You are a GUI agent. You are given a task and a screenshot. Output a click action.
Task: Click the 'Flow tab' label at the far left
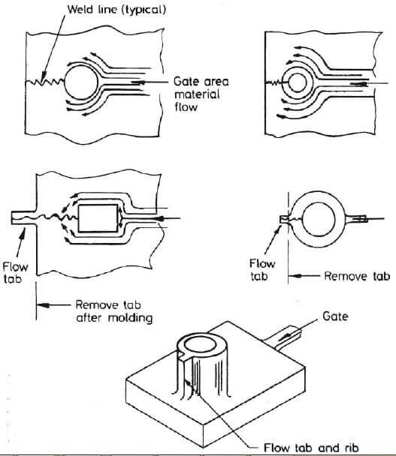(x=15, y=273)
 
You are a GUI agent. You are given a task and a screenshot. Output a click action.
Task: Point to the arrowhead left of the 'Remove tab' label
(x=298, y=276)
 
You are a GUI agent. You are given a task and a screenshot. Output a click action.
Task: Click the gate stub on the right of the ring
(x=359, y=219)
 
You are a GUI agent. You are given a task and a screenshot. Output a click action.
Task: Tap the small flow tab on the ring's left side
(x=283, y=219)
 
